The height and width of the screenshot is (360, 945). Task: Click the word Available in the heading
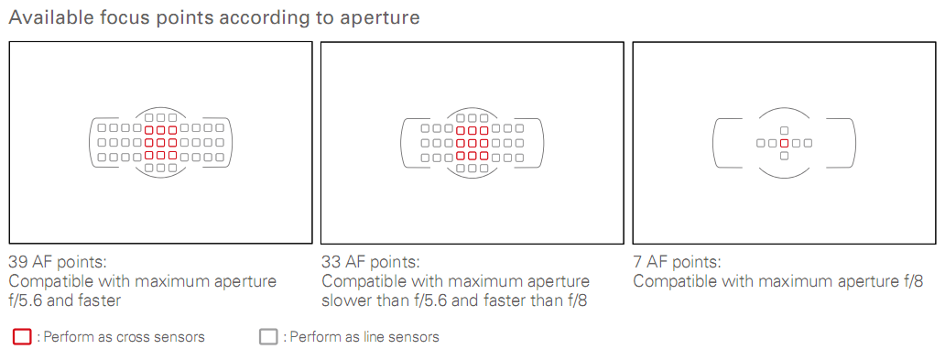click(49, 17)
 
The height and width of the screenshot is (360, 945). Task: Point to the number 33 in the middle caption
click(331, 262)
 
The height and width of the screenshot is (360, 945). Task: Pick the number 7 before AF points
click(637, 262)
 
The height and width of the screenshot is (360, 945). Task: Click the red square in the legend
click(22, 336)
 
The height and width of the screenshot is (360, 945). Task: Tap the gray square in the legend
click(268, 336)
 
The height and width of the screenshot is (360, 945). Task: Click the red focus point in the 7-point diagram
click(784, 143)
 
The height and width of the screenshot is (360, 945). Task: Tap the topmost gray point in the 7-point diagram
click(784, 130)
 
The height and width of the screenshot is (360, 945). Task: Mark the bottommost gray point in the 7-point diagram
click(784, 156)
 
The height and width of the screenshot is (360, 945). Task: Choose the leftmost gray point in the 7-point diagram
click(761, 143)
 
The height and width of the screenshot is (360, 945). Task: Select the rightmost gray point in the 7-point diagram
click(808, 143)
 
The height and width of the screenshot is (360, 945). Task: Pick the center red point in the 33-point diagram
click(472, 143)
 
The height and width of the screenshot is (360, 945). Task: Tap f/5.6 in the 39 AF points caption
click(25, 300)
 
